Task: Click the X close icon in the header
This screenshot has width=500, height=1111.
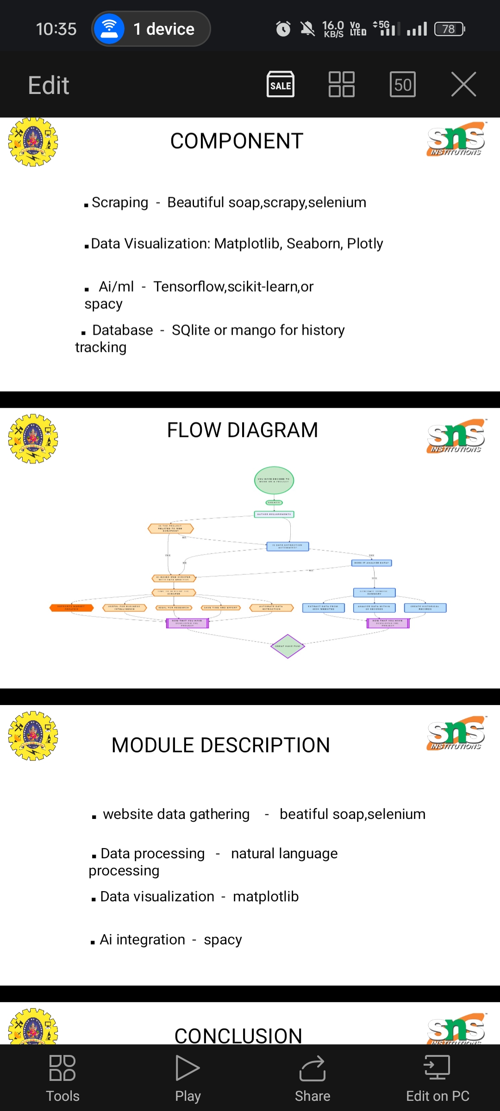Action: [463, 84]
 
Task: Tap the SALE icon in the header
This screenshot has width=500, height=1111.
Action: [281, 84]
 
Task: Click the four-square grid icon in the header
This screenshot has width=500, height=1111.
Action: [342, 84]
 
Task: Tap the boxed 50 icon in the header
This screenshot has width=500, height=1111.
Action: [403, 84]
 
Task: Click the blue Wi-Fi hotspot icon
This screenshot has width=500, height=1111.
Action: [109, 29]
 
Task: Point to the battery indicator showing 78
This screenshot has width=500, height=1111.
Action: [449, 29]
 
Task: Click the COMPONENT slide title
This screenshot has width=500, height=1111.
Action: [237, 141]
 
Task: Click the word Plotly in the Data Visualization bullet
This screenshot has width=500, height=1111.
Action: [365, 244]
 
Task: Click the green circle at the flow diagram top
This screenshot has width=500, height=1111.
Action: [274, 480]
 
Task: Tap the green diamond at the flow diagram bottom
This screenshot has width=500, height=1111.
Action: [287, 646]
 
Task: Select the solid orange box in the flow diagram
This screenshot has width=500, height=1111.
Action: [72, 608]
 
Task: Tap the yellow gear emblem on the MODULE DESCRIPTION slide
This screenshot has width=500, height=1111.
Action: [33, 736]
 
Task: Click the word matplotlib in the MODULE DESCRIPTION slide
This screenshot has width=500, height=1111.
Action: [266, 897]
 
